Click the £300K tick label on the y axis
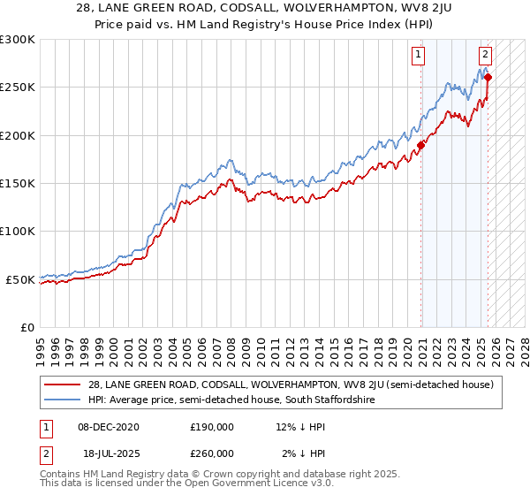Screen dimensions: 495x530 click(x=18, y=40)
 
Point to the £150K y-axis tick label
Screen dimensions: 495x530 click(x=18, y=184)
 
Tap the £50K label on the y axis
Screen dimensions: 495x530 click(x=21, y=279)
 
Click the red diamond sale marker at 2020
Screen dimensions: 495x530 click(x=421, y=145)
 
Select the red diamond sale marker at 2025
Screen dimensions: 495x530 click(x=488, y=77)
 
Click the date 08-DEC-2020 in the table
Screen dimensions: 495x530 click(x=107, y=427)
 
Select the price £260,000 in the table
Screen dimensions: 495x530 click(x=212, y=453)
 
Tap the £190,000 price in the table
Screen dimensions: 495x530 click(x=212, y=427)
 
